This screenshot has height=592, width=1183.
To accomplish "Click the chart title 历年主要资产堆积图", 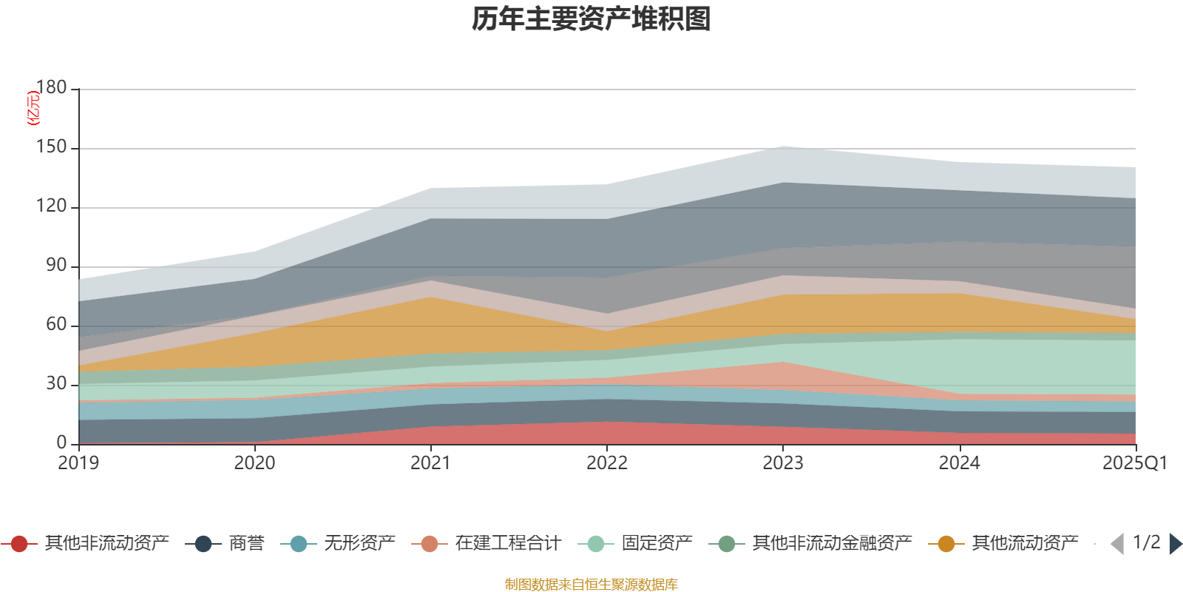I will [591, 19].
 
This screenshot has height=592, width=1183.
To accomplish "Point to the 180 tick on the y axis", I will [51, 88].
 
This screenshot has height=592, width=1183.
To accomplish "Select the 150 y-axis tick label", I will [51, 147].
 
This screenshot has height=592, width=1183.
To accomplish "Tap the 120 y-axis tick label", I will [51, 206].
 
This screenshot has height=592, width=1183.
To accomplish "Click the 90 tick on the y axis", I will [55, 266].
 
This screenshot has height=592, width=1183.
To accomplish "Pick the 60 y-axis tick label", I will [55, 325].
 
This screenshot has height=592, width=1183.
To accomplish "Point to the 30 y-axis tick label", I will [55, 384].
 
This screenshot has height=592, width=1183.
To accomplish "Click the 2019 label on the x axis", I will [78, 463].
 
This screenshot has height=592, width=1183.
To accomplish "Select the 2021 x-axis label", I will [430, 463].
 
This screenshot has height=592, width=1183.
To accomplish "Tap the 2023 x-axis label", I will [783, 463].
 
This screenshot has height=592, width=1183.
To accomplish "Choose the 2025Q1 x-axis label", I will [1134, 463].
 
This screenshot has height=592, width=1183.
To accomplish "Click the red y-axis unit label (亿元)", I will [33, 108].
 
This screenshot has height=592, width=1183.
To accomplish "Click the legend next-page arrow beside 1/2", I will [1176, 544].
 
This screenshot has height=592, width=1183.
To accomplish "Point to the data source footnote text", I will [591, 585].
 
